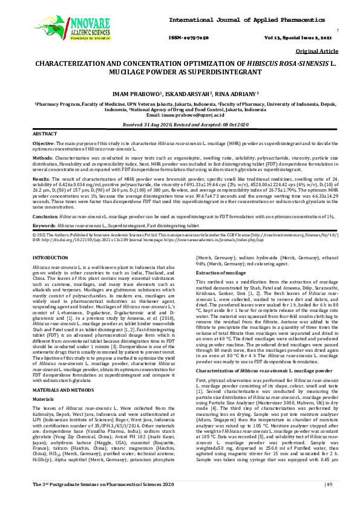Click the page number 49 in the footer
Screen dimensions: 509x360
330,501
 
